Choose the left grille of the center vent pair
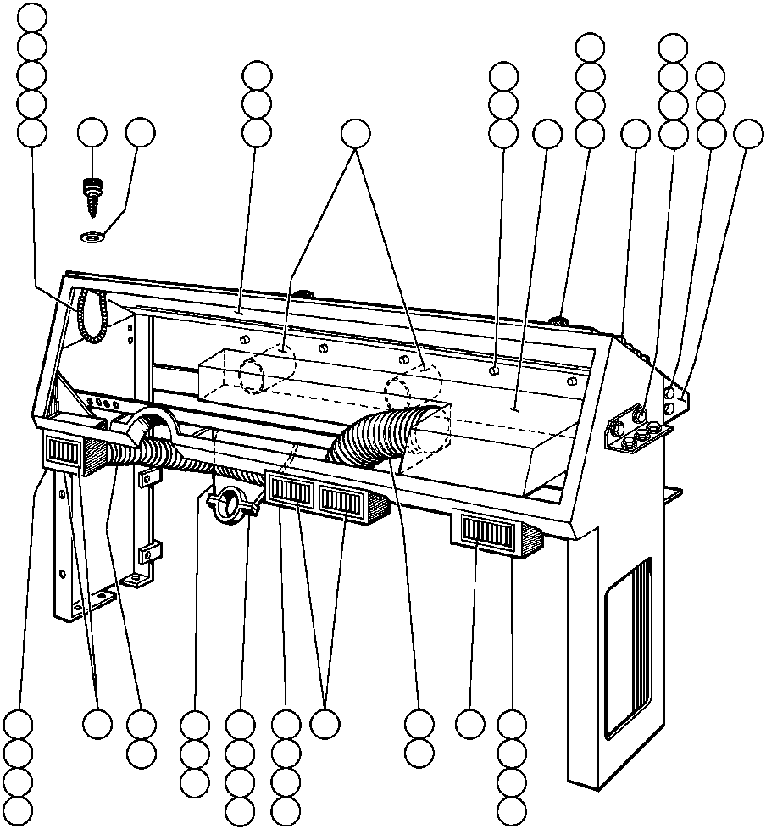[x=291, y=491]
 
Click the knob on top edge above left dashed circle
[x=301, y=295]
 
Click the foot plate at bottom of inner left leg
[x=136, y=580]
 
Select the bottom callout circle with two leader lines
[x=324, y=725]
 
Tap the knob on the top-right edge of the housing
[x=558, y=320]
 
